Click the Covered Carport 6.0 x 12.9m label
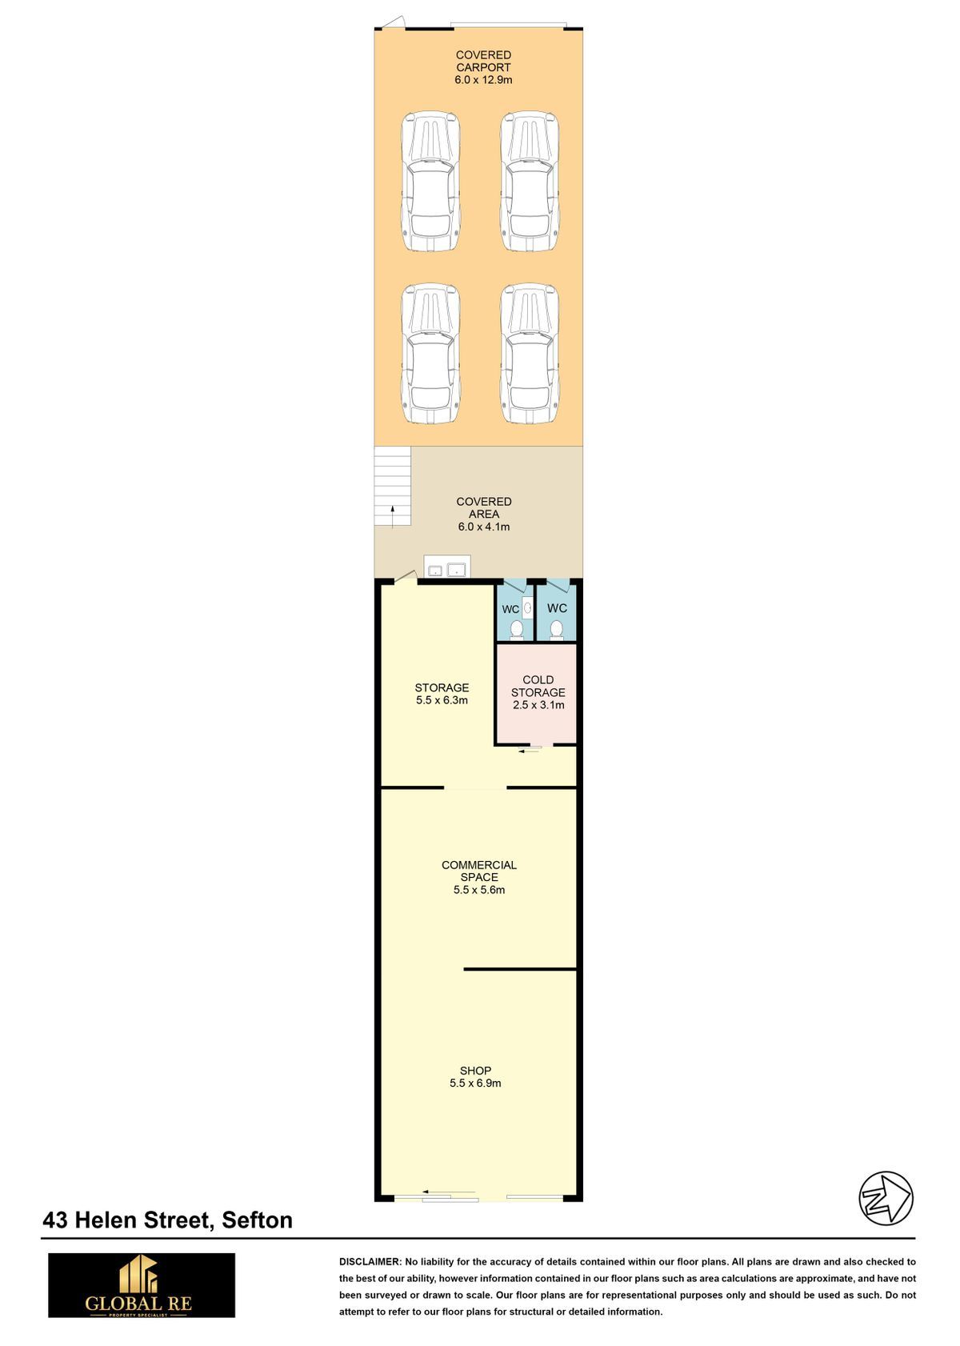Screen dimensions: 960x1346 [483, 67]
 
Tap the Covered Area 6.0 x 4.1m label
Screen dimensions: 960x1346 [484, 514]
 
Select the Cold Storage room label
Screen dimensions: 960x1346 [538, 691]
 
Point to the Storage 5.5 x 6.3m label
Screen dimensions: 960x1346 [442, 694]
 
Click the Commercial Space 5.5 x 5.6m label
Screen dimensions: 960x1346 [478, 877]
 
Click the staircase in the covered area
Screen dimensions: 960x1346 [392, 486]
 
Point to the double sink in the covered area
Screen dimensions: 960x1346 [447, 567]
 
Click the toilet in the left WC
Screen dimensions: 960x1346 [516, 629]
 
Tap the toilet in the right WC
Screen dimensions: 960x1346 [556, 629]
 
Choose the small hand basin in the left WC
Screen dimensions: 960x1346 [527, 608]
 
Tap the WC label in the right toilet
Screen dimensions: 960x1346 [557, 608]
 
